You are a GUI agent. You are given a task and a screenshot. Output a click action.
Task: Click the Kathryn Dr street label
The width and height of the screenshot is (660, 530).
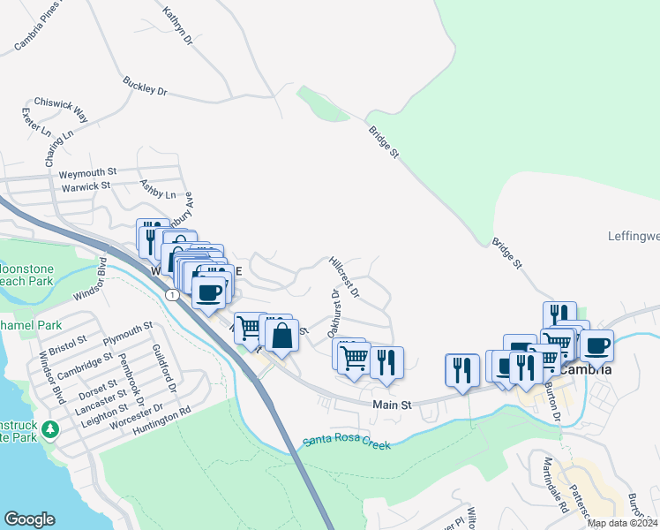(x=177, y=26)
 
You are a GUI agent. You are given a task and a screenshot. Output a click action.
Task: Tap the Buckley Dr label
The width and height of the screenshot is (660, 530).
(x=145, y=86)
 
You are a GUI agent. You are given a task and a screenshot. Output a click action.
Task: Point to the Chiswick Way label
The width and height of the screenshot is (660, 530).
(x=61, y=109)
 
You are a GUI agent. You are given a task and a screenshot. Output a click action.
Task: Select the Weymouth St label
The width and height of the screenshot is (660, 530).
(x=88, y=171)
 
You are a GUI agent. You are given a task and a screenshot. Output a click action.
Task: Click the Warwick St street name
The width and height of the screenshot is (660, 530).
(x=86, y=186)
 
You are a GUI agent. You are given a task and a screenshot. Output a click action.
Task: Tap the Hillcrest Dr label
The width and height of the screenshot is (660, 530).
(x=344, y=276)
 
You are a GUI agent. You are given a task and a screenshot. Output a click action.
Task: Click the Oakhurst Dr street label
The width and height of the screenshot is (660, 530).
(x=334, y=314)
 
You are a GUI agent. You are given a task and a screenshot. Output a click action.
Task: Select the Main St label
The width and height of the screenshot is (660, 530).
(x=393, y=404)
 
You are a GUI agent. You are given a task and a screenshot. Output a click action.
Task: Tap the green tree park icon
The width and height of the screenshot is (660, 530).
(x=51, y=429)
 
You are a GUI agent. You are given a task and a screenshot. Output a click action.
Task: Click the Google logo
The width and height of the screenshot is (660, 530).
(x=29, y=519)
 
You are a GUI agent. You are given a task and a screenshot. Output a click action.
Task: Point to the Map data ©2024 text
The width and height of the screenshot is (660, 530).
(x=622, y=523)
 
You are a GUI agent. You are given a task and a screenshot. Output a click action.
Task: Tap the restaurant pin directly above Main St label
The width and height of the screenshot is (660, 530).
(x=386, y=362)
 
